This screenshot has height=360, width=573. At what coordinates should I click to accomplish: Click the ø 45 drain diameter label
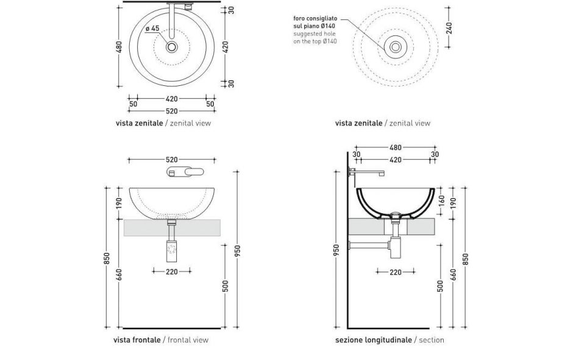click(x=152, y=29)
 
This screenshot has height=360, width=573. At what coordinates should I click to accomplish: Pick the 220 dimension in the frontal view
click(x=171, y=272)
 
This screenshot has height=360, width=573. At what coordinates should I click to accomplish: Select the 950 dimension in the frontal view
click(x=238, y=250)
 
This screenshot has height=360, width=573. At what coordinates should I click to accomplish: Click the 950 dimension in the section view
click(x=336, y=250)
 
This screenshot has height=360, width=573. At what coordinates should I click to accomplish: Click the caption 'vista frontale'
click(x=137, y=340)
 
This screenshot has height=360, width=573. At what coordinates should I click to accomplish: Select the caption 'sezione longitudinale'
click(x=373, y=340)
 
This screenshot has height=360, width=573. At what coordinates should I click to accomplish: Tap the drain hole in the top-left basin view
click(x=172, y=46)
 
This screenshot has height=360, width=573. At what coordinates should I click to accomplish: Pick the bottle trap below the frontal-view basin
click(x=171, y=248)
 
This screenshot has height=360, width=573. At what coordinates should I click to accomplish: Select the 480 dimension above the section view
click(x=396, y=147)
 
